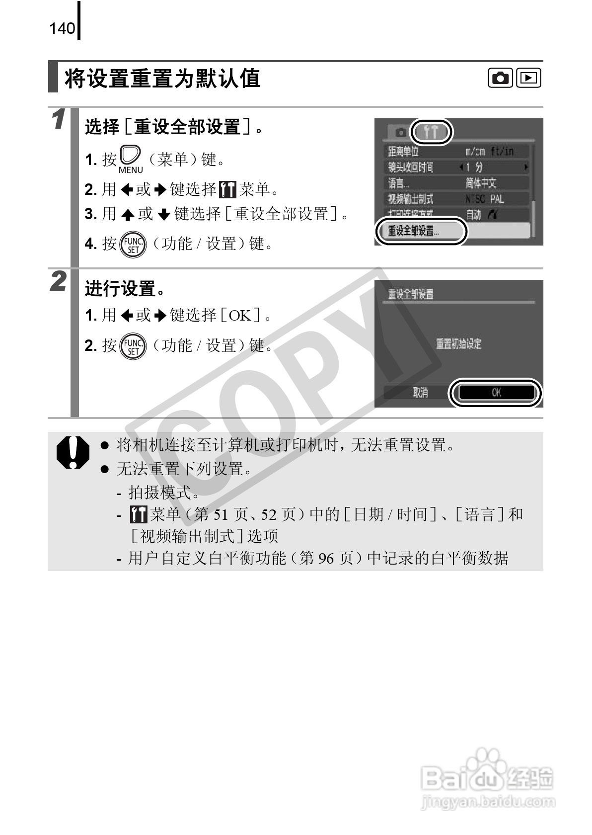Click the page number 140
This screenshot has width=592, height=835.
pos(62,29)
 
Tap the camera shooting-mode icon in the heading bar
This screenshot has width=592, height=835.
pos(501,78)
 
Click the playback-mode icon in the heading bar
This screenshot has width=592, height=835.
pos(528,78)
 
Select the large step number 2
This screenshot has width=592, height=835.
pos(59,282)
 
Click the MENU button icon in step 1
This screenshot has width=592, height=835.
pos(131,159)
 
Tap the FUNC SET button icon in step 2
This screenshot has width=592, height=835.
pos(134,346)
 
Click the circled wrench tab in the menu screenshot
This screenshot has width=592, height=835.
pos(432,132)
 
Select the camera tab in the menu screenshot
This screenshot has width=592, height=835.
pos(400,133)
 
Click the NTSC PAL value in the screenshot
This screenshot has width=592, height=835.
pos(484,199)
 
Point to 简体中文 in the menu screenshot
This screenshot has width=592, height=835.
pos(481,183)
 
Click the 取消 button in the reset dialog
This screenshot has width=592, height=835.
pos(420,393)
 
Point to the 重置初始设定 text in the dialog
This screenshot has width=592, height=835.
pos(458,344)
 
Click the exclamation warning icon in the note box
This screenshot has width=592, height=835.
pos(73,452)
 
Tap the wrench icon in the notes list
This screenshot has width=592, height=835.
pos(139,514)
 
